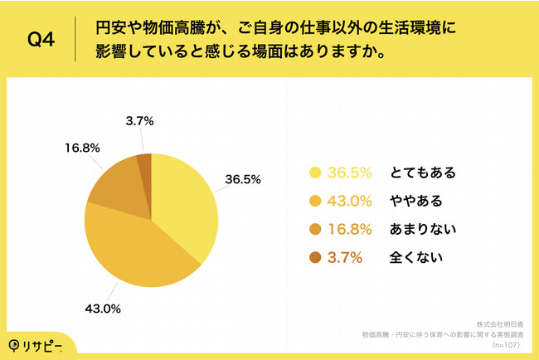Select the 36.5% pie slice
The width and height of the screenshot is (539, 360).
[x=187, y=208]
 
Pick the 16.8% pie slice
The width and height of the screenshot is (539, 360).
[x=116, y=187]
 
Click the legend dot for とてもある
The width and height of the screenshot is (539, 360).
[x=315, y=173]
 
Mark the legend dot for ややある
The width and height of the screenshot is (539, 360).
[x=315, y=202]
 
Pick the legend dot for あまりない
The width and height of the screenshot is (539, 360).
[x=315, y=230]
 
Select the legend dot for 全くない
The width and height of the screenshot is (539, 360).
[x=315, y=258]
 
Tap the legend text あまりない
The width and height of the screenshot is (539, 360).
[x=423, y=230]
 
